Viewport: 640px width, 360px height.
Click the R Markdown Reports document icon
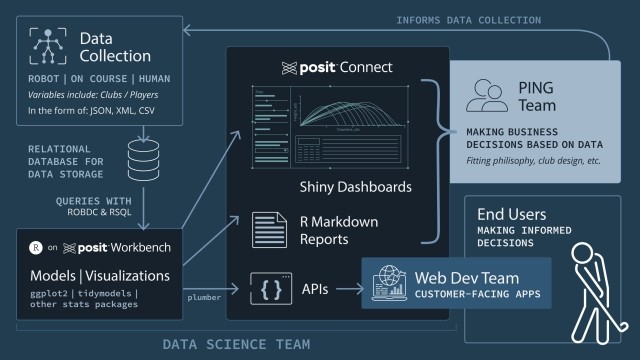pos(267,229)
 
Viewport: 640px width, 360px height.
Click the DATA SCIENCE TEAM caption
pos(237,344)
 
